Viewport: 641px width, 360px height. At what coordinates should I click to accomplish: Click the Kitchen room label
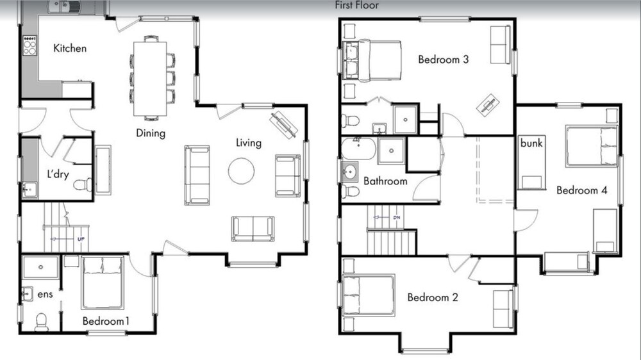pos(70,48)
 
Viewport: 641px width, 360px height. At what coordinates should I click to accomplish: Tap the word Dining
pos(151,133)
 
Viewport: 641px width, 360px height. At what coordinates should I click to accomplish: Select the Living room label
pos(249,143)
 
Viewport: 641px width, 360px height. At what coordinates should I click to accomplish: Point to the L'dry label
pos(58,174)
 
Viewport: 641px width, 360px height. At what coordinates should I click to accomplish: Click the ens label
pos(45,294)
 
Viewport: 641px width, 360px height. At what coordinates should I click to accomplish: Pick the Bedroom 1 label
pos(106,321)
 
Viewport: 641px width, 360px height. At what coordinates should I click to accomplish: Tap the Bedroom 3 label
pos(443,60)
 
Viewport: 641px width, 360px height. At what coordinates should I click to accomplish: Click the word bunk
pos(531,143)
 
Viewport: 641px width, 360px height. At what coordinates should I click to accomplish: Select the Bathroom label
pos(385,181)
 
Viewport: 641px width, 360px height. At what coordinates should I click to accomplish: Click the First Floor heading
pos(357,5)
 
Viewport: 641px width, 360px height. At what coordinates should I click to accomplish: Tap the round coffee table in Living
pos(242,171)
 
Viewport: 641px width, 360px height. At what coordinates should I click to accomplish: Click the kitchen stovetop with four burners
pos(30,45)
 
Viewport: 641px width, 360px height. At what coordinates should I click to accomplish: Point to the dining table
pos(150,79)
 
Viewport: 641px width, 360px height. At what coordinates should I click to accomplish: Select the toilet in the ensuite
pos(42,322)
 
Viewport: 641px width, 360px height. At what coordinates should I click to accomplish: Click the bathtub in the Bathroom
pos(358,149)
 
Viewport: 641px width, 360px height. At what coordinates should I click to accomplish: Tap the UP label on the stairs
pos(81,239)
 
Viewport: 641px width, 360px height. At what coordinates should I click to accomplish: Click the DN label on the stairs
pos(397,217)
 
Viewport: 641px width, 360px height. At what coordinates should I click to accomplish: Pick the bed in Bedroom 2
pos(369,295)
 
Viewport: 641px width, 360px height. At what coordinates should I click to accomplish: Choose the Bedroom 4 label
pos(582,190)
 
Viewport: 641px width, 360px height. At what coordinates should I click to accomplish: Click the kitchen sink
pos(65,7)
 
